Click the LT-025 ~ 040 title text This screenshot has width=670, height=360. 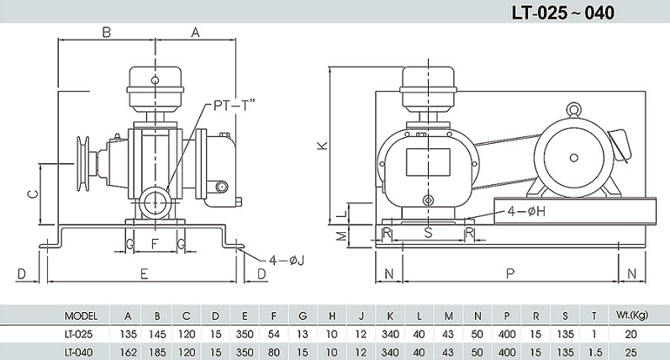pyautogui.click(x=562, y=13)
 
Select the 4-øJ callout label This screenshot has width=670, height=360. pyautogui.click(x=287, y=260)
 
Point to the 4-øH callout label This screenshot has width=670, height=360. pyautogui.click(x=526, y=211)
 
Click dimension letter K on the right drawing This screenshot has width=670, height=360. pyautogui.click(x=323, y=146)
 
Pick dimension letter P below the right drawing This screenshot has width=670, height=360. pyautogui.click(x=509, y=273)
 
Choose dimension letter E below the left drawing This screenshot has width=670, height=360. pyautogui.click(x=144, y=273)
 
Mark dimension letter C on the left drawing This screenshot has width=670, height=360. pyautogui.click(x=33, y=194)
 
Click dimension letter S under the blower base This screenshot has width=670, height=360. pyautogui.click(x=428, y=233)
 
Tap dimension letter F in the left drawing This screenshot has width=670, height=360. pyautogui.click(x=156, y=244)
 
